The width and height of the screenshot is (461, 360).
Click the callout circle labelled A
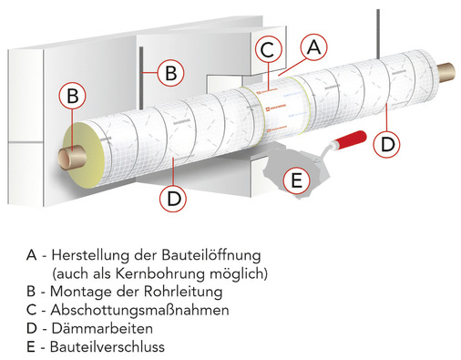click(x=312, y=46)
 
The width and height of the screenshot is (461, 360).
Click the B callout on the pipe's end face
click(x=75, y=95)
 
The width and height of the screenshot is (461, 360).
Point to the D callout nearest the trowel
click(x=387, y=141)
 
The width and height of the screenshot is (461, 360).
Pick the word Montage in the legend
click(x=77, y=291)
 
